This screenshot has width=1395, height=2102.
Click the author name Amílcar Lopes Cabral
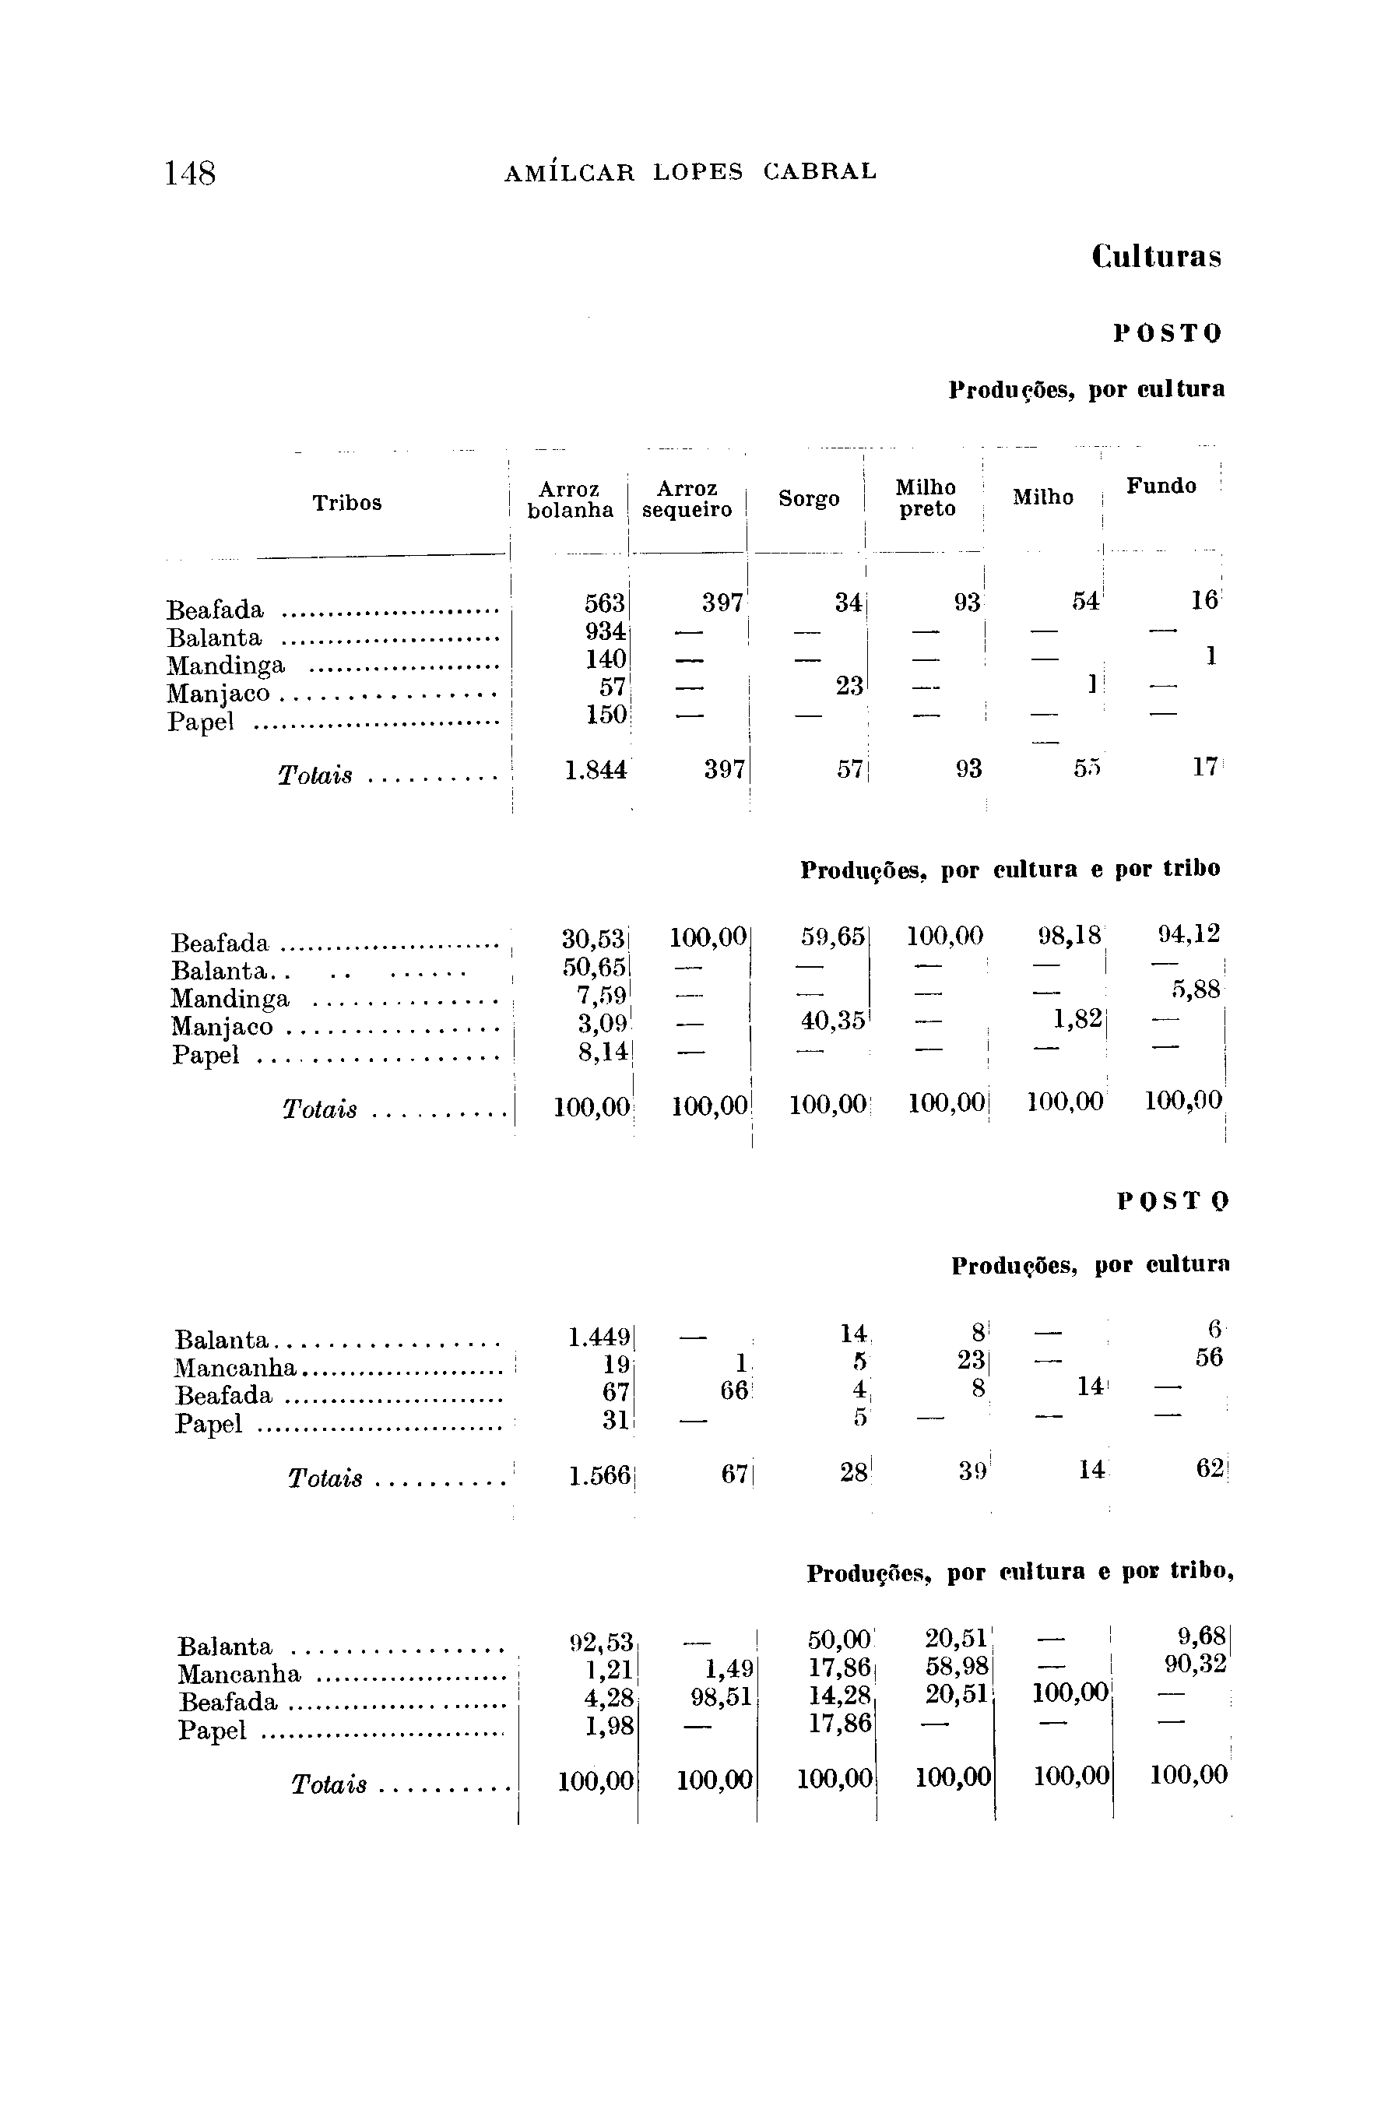(690, 172)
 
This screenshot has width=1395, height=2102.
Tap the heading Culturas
(1156, 257)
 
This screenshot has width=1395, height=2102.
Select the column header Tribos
(347, 503)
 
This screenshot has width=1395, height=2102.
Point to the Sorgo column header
(808, 499)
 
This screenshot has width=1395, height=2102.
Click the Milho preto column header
(926, 498)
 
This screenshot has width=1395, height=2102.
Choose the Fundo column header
(1160, 486)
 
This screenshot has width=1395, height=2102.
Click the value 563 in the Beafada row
(604, 603)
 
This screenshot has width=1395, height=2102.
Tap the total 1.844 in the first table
(596, 768)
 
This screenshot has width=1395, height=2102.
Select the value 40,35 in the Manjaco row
(833, 1021)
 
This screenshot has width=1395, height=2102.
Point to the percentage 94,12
(1188, 934)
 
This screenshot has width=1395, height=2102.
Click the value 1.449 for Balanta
(599, 1337)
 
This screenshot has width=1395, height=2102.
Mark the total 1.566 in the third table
(599, 1476)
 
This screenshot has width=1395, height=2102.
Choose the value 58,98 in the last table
(958, 1666)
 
